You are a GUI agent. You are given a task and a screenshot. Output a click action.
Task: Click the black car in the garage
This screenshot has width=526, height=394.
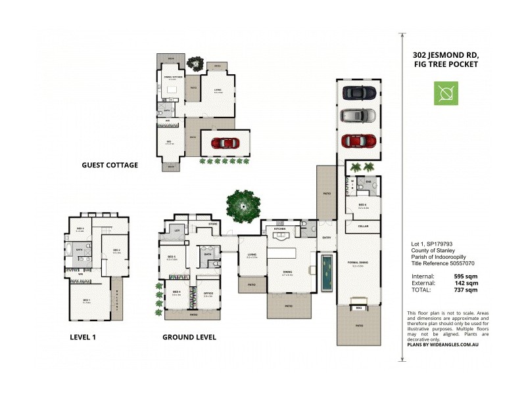click(359, 93)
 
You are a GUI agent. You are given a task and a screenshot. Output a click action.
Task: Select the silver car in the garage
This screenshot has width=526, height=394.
click(359, 117)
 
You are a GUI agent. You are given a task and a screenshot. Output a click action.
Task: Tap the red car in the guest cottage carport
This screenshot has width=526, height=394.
click(225, 142)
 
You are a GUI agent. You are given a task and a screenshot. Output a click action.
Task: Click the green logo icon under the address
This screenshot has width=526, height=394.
click(445, 93)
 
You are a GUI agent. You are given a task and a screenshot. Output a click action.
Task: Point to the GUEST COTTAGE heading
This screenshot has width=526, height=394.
click(110, 165)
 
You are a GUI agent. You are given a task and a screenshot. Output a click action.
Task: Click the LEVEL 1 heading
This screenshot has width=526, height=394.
click(87, 338)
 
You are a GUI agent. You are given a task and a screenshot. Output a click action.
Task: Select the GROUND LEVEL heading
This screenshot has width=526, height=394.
click(189, 338)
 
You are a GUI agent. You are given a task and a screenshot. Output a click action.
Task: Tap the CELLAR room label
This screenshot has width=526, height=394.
click(359, 226)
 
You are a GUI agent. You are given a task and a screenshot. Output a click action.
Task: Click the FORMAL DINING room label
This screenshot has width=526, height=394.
click(359, 263)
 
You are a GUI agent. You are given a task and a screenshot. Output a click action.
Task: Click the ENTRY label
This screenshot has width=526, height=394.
click(327, 238)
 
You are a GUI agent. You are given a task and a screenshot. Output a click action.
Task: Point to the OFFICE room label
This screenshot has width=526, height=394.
click(208, 294)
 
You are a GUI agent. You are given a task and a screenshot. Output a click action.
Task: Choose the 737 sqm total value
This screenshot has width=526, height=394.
click(466, 290)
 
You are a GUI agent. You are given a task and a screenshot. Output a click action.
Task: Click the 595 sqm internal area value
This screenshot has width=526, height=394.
click(466, 276)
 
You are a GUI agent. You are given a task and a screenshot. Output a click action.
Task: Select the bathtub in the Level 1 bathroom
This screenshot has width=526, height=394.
click(72, 250)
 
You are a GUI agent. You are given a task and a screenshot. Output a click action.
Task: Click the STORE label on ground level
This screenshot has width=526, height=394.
click(212, 224)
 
